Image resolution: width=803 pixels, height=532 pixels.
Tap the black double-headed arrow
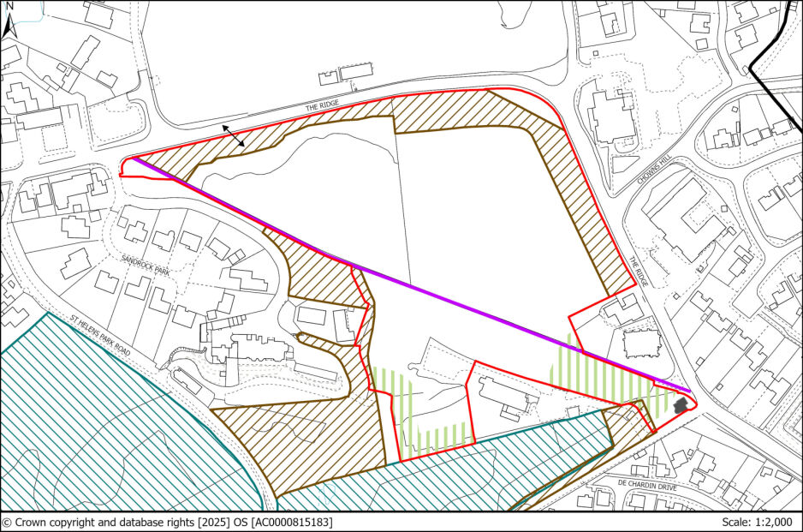tap(233, 135)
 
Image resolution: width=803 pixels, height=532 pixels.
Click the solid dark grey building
tap(681, 405)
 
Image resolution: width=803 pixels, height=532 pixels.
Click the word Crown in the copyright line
tap(32, 522)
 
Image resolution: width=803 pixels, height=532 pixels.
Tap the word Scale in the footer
tap(730, 522)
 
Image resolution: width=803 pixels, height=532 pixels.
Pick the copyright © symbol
tap(7, 522)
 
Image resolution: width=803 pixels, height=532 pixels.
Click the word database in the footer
tap(137, 522)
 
